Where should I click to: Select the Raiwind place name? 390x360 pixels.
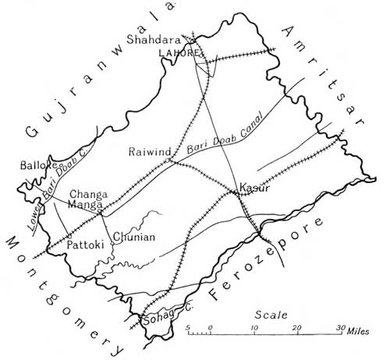pyautogui.click(x=146, y=153)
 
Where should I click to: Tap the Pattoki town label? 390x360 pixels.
pyautogui.click(x=84, y=244)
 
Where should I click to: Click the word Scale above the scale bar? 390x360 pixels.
pyautogui.click(x=269, y=315)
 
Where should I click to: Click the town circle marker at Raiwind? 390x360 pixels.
pyautogui.click(x=168, y=160)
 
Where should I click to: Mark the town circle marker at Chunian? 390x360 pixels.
pyautogui.click(x=112, y=242)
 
